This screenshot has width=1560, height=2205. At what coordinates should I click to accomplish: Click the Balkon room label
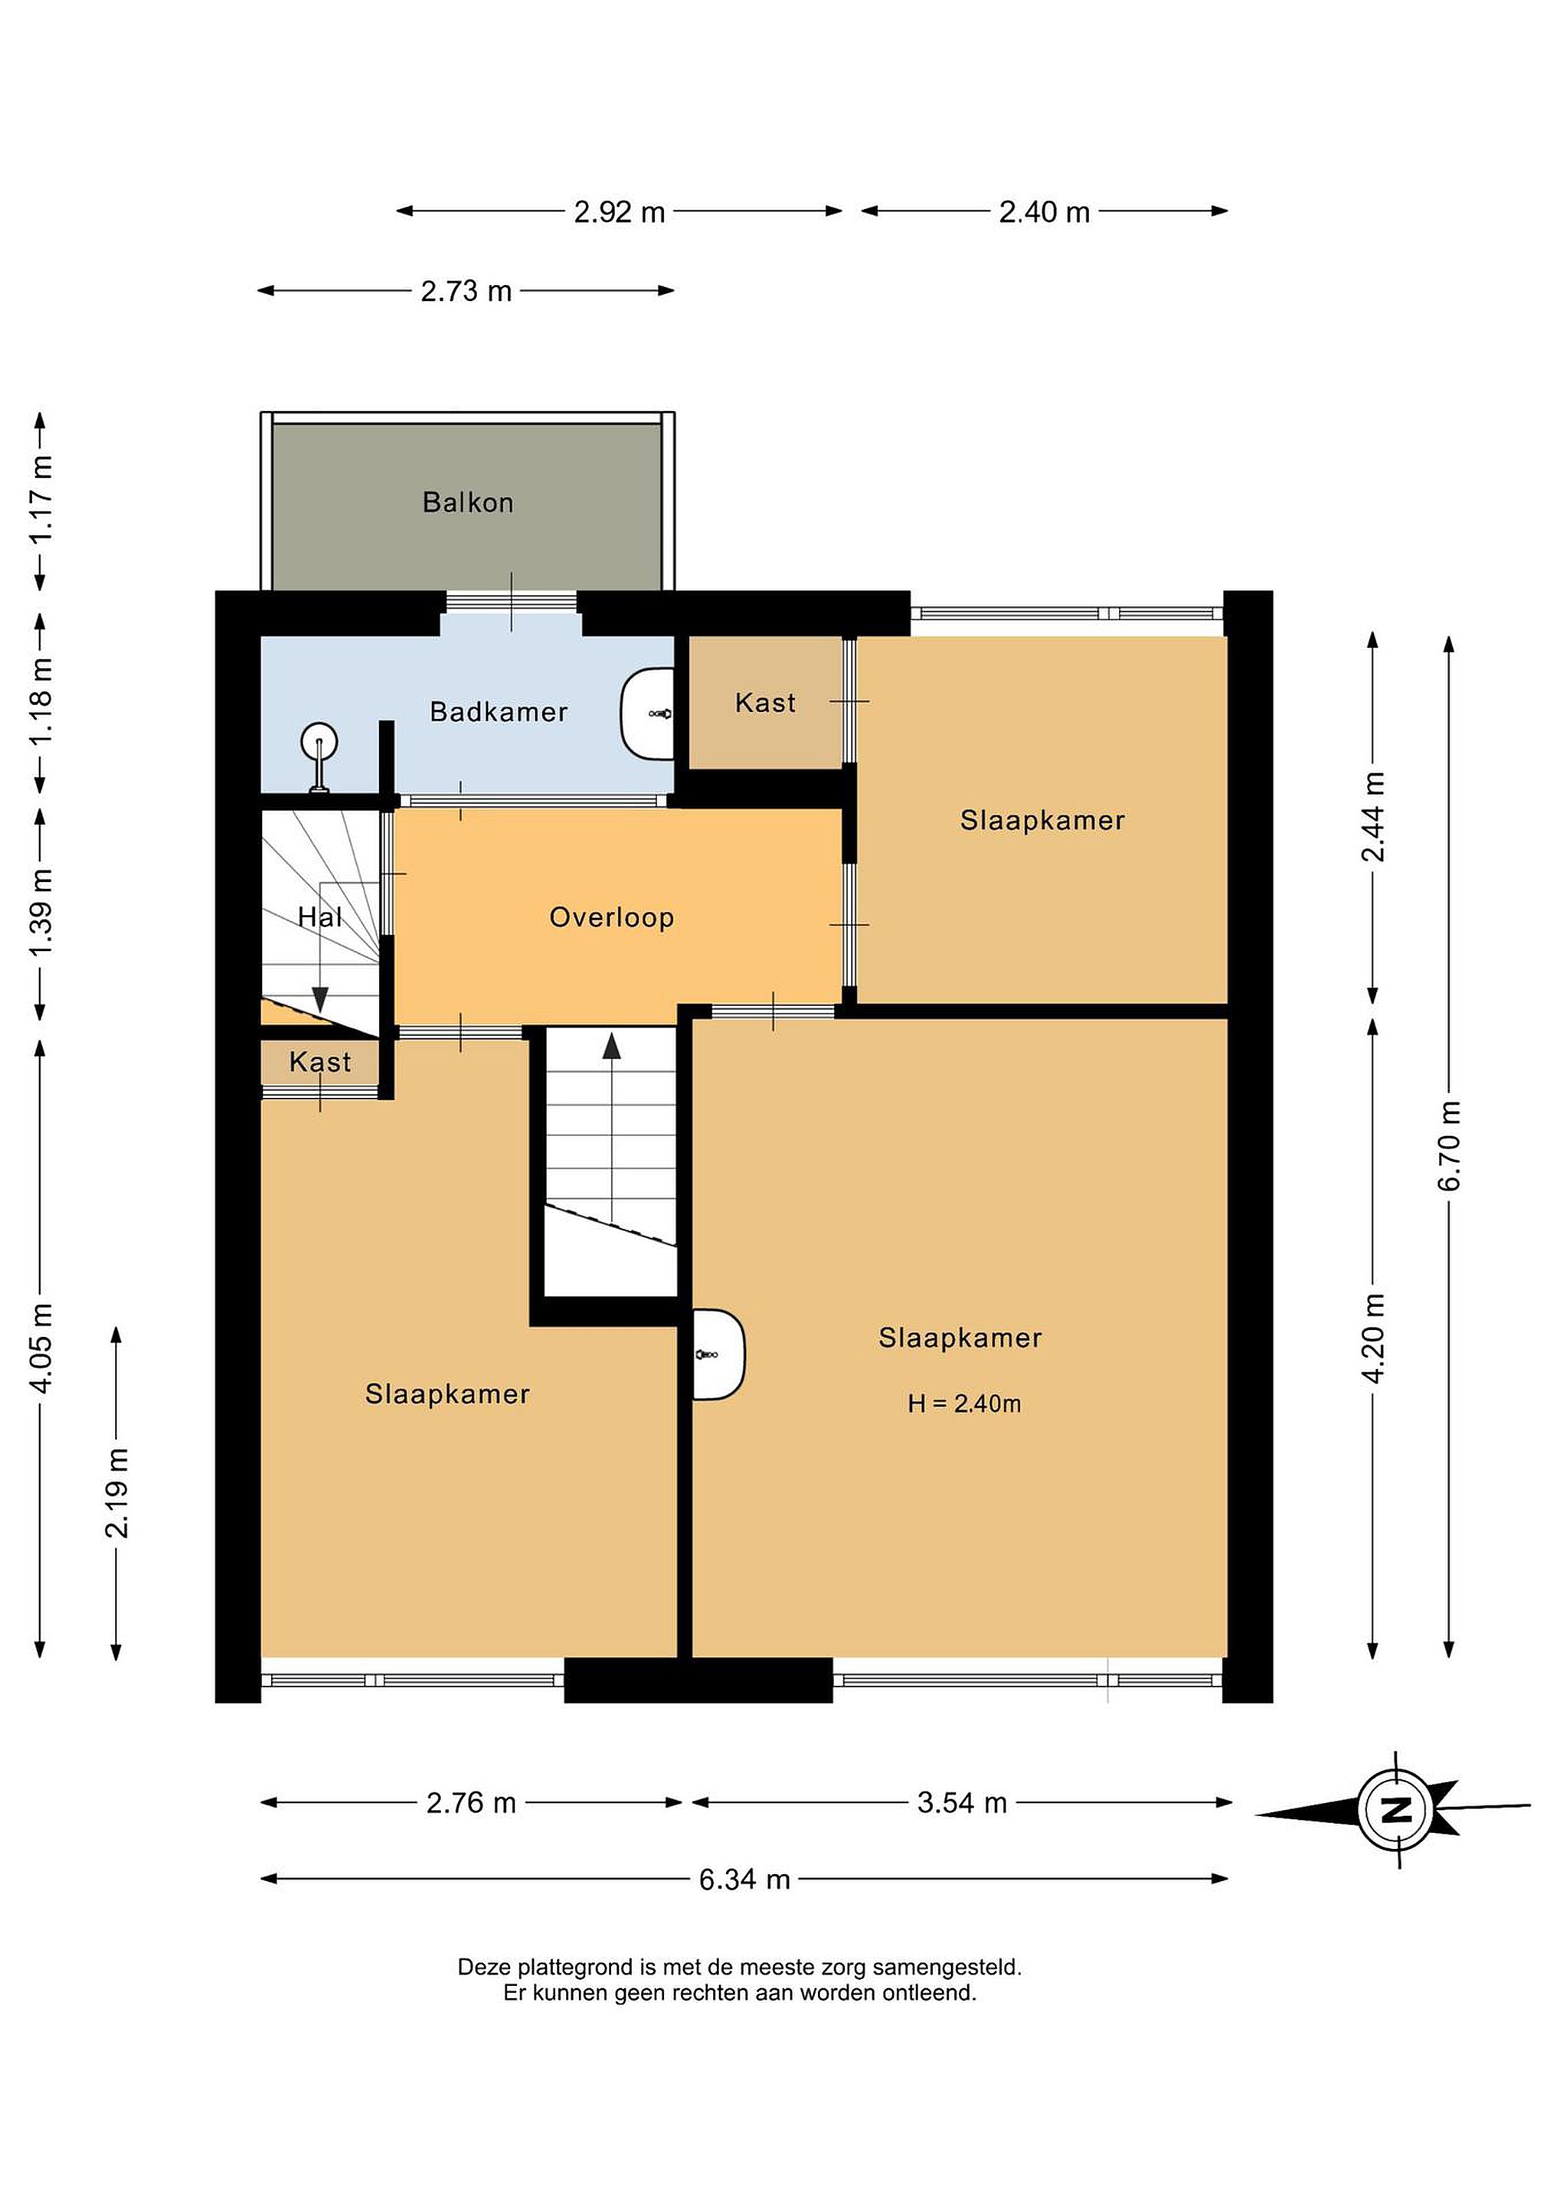click(468, 502)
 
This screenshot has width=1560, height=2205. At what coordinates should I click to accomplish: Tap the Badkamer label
click(499, 711)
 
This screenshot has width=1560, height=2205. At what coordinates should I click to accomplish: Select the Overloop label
click(612, 918)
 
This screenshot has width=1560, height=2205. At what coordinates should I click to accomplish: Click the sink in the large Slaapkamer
click(718, 1354)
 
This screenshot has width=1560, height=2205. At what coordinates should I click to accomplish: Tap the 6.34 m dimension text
click(744, 1880)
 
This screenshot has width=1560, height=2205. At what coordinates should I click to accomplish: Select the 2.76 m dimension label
click(471, 1802)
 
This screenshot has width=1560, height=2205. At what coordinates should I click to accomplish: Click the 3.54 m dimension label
click(962, 1802)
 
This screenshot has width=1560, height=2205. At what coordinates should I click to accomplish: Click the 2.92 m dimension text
click(620, 211)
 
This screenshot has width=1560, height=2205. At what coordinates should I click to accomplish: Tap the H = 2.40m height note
click(964, 1404)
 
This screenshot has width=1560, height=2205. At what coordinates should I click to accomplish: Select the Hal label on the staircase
click(320, 917)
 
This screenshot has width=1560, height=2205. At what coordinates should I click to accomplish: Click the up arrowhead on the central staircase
click(612, 1046)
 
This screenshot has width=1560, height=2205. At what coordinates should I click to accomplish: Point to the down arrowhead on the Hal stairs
click(320, 1000)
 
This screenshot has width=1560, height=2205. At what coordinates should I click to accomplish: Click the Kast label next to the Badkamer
click(766, 703)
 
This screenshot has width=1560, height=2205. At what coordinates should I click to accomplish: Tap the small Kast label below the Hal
click(320, 1062)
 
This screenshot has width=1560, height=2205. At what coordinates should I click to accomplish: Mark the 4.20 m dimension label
click(1374, 1338)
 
